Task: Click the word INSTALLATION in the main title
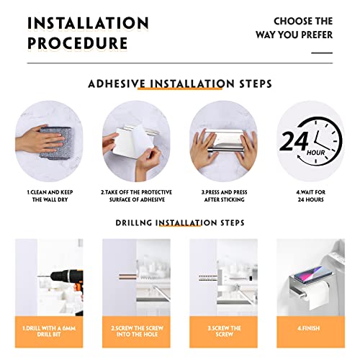(x=88, y=23)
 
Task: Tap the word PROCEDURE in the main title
(x=77, y=43)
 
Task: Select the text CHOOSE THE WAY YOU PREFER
(x=294, y=28)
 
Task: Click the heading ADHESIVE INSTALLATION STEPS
(x=180, y=84)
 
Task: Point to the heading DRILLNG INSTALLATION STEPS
(x=180, y=222)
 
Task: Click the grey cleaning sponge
(x=55, y=143)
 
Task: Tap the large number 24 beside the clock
(x=294, y=141)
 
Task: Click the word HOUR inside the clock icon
(x=316, y=153)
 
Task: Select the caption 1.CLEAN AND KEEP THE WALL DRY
(x=50, y=196)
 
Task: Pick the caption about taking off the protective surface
(x=137, y=196)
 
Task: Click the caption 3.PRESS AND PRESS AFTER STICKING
(x=224, y=196)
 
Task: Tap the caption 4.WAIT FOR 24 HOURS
(x=311, y=196)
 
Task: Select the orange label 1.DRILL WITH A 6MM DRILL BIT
(x=49, y=331)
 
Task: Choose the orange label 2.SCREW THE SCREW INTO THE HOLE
(x=137, y=331)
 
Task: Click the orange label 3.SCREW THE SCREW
(x=224, y=331)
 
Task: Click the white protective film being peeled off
(x=132, y=143)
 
